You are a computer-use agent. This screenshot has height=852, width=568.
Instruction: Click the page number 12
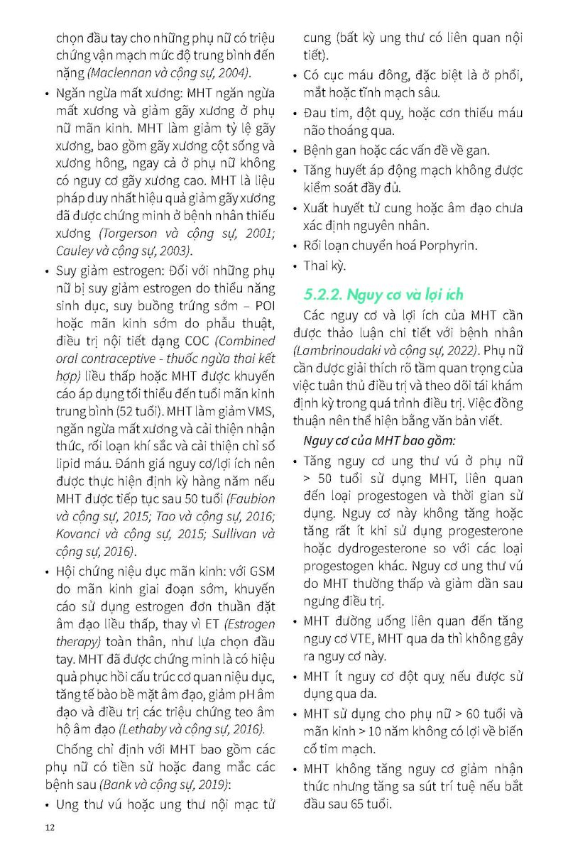coord(49,827)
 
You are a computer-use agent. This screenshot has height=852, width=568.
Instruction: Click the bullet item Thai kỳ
coord(324,266)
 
